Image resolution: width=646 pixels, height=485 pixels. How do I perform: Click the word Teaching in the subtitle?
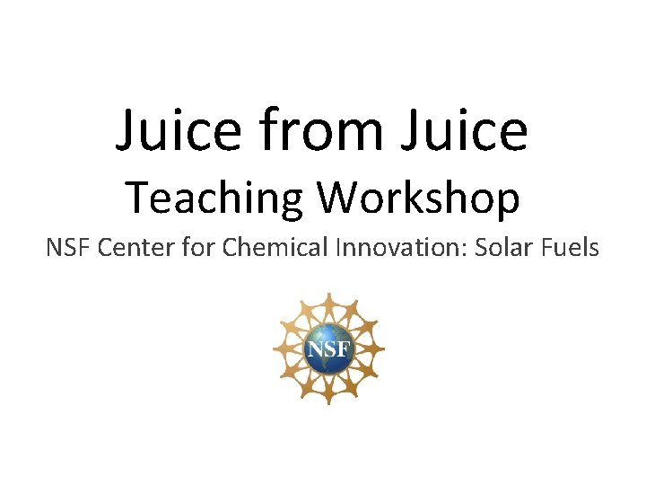[x=214, y=198]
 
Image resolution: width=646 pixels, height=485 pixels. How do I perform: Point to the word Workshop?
[x=417, y=198]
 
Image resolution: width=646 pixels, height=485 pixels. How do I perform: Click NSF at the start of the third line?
[x=68, y=247]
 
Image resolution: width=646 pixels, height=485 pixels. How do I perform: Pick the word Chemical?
[x=276, y=247]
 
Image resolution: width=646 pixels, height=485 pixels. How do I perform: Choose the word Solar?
[x=508, y=247]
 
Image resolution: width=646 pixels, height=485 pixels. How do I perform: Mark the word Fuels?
[x=572, y=247]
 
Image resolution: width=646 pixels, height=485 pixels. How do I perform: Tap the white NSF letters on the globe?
[x=328, y=347]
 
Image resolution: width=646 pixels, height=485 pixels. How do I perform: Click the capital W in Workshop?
[x=336, y=198]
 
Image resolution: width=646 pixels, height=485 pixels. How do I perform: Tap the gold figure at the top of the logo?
[x=328, y=302]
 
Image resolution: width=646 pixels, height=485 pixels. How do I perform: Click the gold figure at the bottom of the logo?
[x=328, y=395]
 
